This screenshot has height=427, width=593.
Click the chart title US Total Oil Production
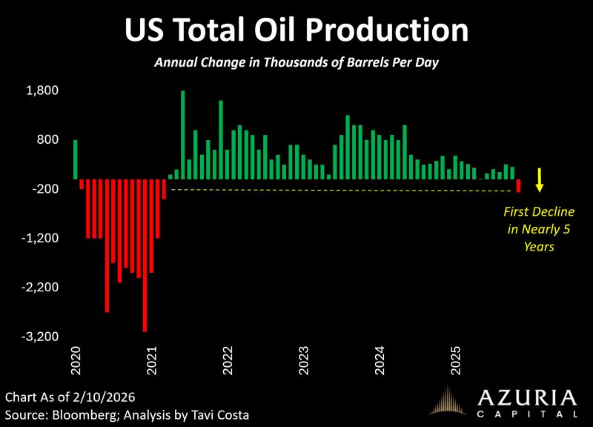pos(296,30)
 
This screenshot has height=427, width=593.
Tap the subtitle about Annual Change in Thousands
pos(296,63)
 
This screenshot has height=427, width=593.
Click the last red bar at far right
pos(519,185)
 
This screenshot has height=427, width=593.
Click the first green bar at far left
pos(76,159)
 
